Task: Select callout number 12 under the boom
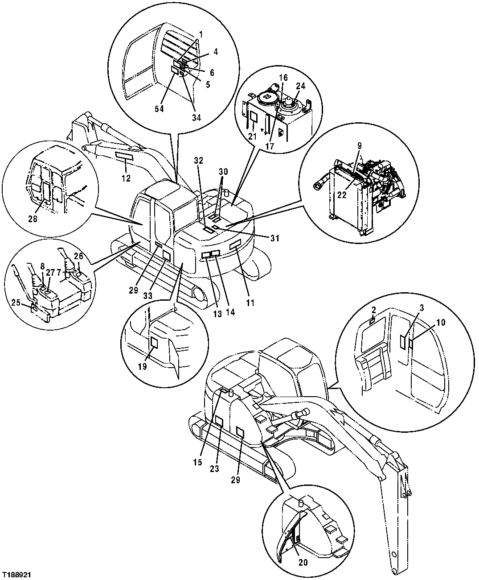tap(126, 178)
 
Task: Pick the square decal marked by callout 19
tap(154, 343)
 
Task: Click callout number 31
tap(274, 238)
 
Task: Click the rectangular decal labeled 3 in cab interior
tap(402, 342)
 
